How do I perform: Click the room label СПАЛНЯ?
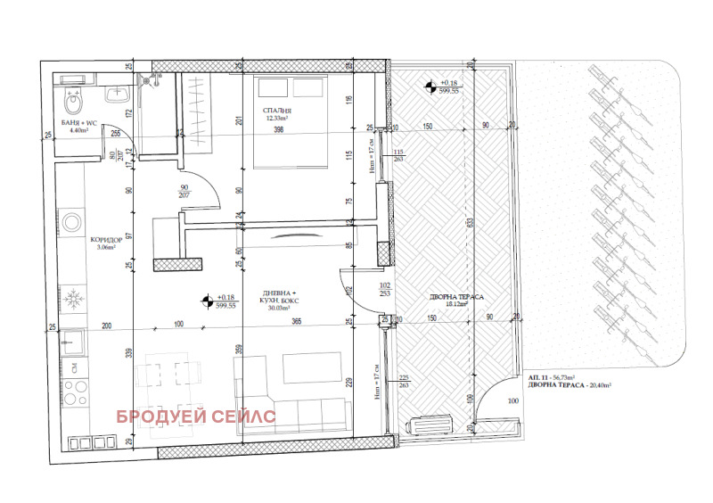click(277, 110)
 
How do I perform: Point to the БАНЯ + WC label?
click(80, 122)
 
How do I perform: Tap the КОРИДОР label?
click(106, 241)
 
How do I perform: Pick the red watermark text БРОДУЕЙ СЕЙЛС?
click(193, 416)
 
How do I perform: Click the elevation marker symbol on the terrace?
click(430, 87)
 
